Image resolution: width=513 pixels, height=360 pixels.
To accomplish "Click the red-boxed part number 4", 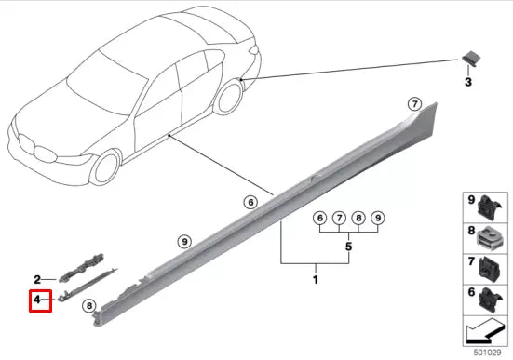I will [39, 300].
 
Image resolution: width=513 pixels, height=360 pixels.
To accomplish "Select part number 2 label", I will [38, 279].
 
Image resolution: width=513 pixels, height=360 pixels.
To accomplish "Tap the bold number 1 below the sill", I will [315, 278].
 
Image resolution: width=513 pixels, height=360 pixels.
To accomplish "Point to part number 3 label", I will [469, 82].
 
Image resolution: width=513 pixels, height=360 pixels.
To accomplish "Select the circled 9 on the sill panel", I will [184, 241].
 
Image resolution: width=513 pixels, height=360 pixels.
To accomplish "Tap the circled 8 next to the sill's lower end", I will [89, 304].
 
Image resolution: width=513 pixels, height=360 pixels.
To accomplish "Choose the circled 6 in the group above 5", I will [319, 219].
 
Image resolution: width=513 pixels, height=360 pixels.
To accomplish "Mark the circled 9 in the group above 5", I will [378, 219].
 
